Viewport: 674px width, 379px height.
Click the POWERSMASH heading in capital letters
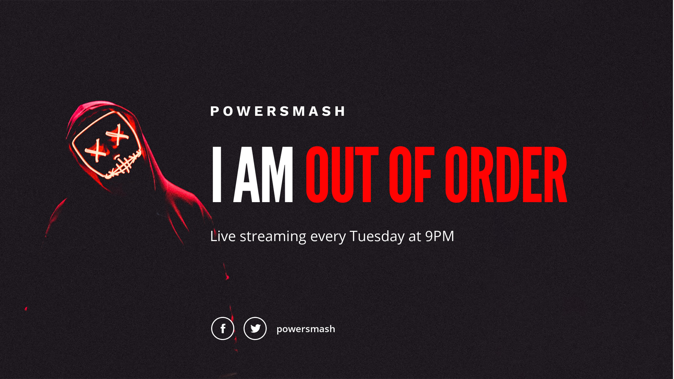pyautogui.click(x=277, y=111)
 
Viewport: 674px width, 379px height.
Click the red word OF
pyautogui.click(x=412, y=174)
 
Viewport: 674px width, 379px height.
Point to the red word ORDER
pyautogui.click(x=506, y=174)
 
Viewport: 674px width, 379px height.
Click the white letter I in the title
pyautogui.click(x=217, y=174)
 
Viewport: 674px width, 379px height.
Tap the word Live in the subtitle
pyautogui.click(x=223, y=236)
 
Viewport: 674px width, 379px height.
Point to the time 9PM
pyautogui.click(x=439, y=236)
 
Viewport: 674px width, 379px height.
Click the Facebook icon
pyautogui.click(x=223, y=328)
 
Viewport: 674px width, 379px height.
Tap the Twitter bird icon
pyautogui.click(x=255, y=328)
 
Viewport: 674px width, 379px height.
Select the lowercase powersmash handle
pyautogui.click(x=306, y=329)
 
